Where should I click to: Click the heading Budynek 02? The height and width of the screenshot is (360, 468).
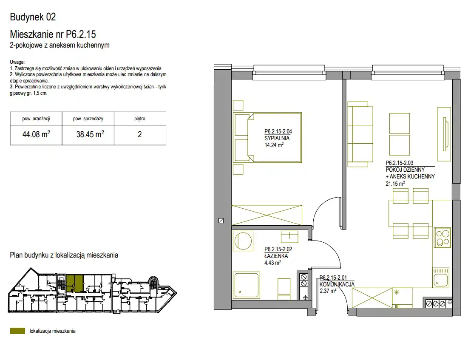tap(33, 17)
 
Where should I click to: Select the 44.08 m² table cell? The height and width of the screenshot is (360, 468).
tap(36, 135)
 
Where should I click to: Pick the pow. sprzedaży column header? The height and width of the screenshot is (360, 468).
tap(88, 119)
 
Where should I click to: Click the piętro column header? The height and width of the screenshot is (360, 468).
tap(140, 119)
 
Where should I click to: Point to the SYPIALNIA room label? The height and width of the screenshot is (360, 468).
tap(277, 138)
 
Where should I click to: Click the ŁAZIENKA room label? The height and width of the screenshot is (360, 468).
tap(276, 256)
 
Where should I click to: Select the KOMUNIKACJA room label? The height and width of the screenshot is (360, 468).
tap(337, 284)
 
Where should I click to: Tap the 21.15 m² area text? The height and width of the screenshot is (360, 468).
tap(395, 184)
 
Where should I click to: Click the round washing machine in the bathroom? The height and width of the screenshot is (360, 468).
tap(243, 241)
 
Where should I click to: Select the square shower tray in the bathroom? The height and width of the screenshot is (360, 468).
tap(246, 285)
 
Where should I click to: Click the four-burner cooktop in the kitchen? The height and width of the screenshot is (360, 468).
tap(442, 238)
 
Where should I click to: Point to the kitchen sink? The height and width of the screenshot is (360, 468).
tap(440, 277)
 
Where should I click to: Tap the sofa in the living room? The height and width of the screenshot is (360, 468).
tap(360, 134)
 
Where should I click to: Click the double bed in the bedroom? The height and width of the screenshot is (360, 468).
tap(268, 137)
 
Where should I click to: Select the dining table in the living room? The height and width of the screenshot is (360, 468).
tap(410, 213)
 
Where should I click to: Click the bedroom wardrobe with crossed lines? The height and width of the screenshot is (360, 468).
tap(267, 215)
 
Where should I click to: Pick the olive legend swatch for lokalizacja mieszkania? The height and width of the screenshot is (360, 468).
tap(17, 331)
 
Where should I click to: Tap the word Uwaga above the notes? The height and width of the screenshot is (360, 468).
tap(17, 62)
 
